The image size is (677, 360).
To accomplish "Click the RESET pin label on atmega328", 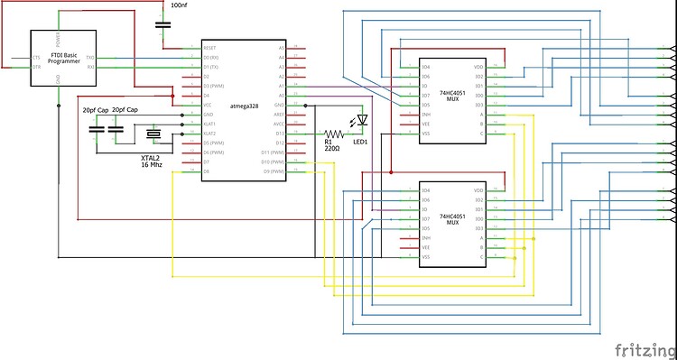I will coord(210,47).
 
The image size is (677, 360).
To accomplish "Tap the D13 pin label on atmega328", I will coord(280,134).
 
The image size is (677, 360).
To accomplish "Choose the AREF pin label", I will coord(279,115).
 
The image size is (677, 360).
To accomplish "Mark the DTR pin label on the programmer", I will coord(36,67).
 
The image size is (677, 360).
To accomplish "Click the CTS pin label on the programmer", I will coord(36,57).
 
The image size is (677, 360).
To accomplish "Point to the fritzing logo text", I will coord(644,348).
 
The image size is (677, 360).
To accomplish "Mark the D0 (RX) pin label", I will coord(213,57).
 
